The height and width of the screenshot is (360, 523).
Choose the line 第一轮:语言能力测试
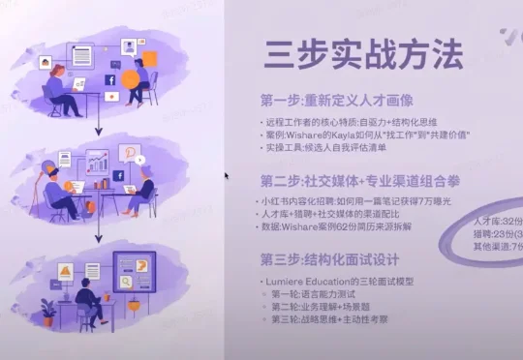321,292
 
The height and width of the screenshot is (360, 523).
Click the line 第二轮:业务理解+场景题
324,306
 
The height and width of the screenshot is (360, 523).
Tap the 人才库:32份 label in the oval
498,221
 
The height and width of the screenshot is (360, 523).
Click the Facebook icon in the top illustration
110,80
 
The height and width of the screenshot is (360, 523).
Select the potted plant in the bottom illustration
47,311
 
